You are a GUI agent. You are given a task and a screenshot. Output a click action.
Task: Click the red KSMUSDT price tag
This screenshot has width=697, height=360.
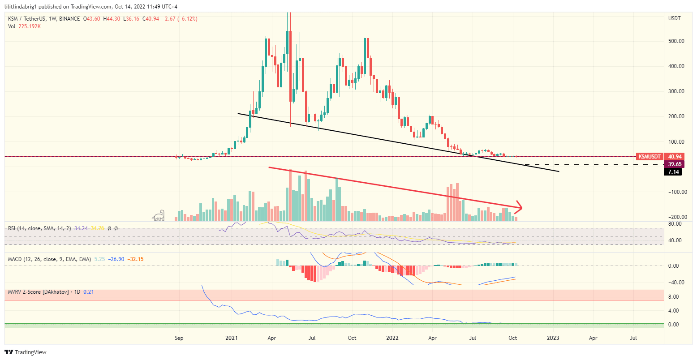[650, 157]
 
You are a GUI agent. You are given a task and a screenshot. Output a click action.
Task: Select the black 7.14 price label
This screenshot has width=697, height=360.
[673, 172]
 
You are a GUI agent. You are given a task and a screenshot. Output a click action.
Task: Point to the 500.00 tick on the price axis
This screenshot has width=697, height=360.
[675, 41]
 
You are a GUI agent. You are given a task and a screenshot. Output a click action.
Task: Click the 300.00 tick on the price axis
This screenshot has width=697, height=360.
[675, 91]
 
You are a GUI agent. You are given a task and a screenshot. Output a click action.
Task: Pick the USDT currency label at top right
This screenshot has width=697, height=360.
[674, 18]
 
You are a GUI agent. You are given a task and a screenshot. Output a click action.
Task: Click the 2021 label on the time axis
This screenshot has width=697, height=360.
[232, 338]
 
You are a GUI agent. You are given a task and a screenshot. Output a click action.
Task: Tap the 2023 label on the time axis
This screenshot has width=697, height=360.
[553, 338]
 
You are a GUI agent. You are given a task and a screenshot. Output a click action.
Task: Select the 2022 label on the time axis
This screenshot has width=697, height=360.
[392, 338]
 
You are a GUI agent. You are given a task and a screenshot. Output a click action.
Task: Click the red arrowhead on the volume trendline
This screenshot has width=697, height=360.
[519, 207]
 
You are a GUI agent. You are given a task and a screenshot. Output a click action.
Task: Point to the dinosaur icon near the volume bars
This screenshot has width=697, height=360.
[158, 216]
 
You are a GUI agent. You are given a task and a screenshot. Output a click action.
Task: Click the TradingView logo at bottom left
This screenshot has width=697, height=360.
[26, 352]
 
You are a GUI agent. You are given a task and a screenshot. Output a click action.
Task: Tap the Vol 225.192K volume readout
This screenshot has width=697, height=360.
[25, 26]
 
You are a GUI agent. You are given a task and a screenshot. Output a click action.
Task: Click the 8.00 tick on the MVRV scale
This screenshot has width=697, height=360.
[673, 297]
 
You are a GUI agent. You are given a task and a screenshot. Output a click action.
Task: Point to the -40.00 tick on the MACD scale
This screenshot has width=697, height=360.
[675, 283]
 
